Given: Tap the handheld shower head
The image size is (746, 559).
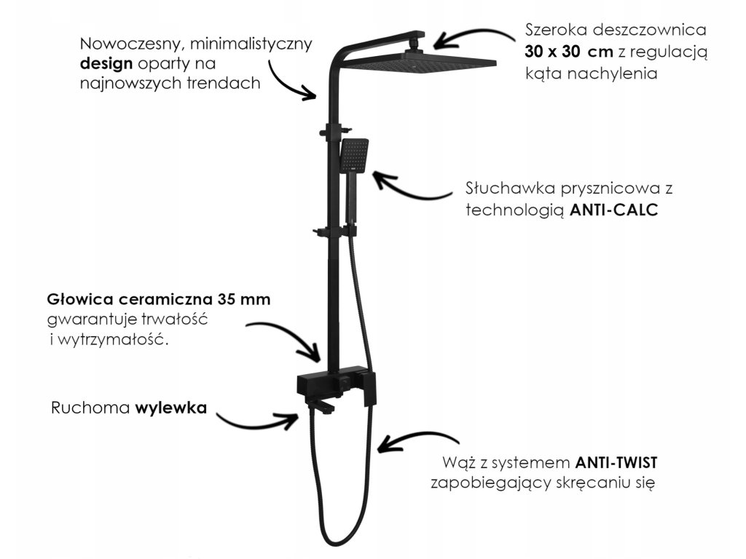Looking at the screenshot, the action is tap(354, 154).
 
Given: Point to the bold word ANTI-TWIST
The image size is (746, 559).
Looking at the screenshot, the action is tap(618, 462).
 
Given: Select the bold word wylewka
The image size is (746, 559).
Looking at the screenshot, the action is tap(170, 408).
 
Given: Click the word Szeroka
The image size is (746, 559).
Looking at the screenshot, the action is tap(555, 31).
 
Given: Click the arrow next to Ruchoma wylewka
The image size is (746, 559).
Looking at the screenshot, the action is tap(259, 420).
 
